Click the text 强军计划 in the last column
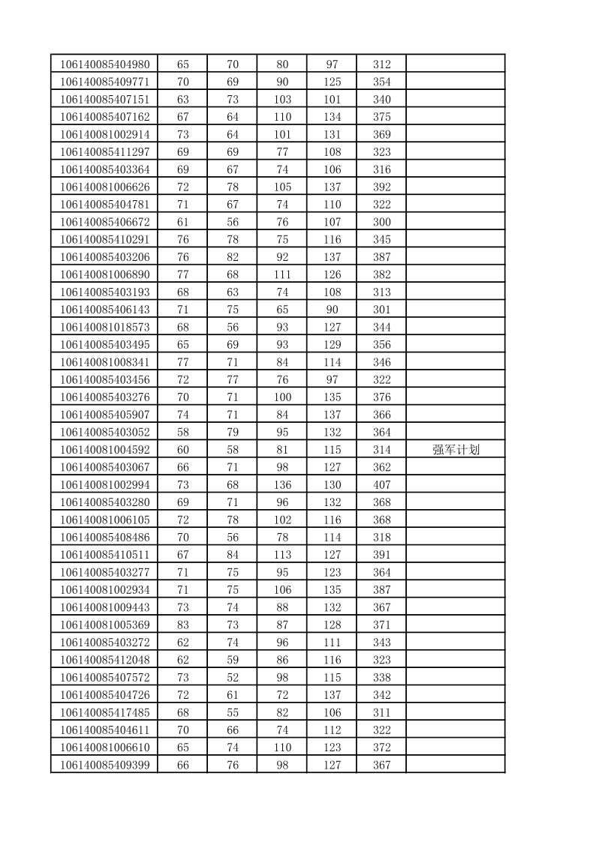pos(456,450)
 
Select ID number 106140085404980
pos(104,64)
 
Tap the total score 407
pos(381,485)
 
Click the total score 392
pos(381,187)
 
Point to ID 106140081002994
pos(104,485)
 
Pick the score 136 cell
pos(282,485)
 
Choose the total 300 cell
pos(381,222)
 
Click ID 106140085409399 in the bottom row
pos(104,765)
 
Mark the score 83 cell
pos(182,625)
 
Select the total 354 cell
pos(381,82)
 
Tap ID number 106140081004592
pos(104,450)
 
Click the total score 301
pos(381,310)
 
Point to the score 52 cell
pos(233,677)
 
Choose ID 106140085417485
pos(104,712)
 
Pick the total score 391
pos(381,555)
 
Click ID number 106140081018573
pos(104,327)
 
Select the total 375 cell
pos(381,117)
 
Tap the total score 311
pos(381,712)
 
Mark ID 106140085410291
pos(104,239)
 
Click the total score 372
pos(381,748)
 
